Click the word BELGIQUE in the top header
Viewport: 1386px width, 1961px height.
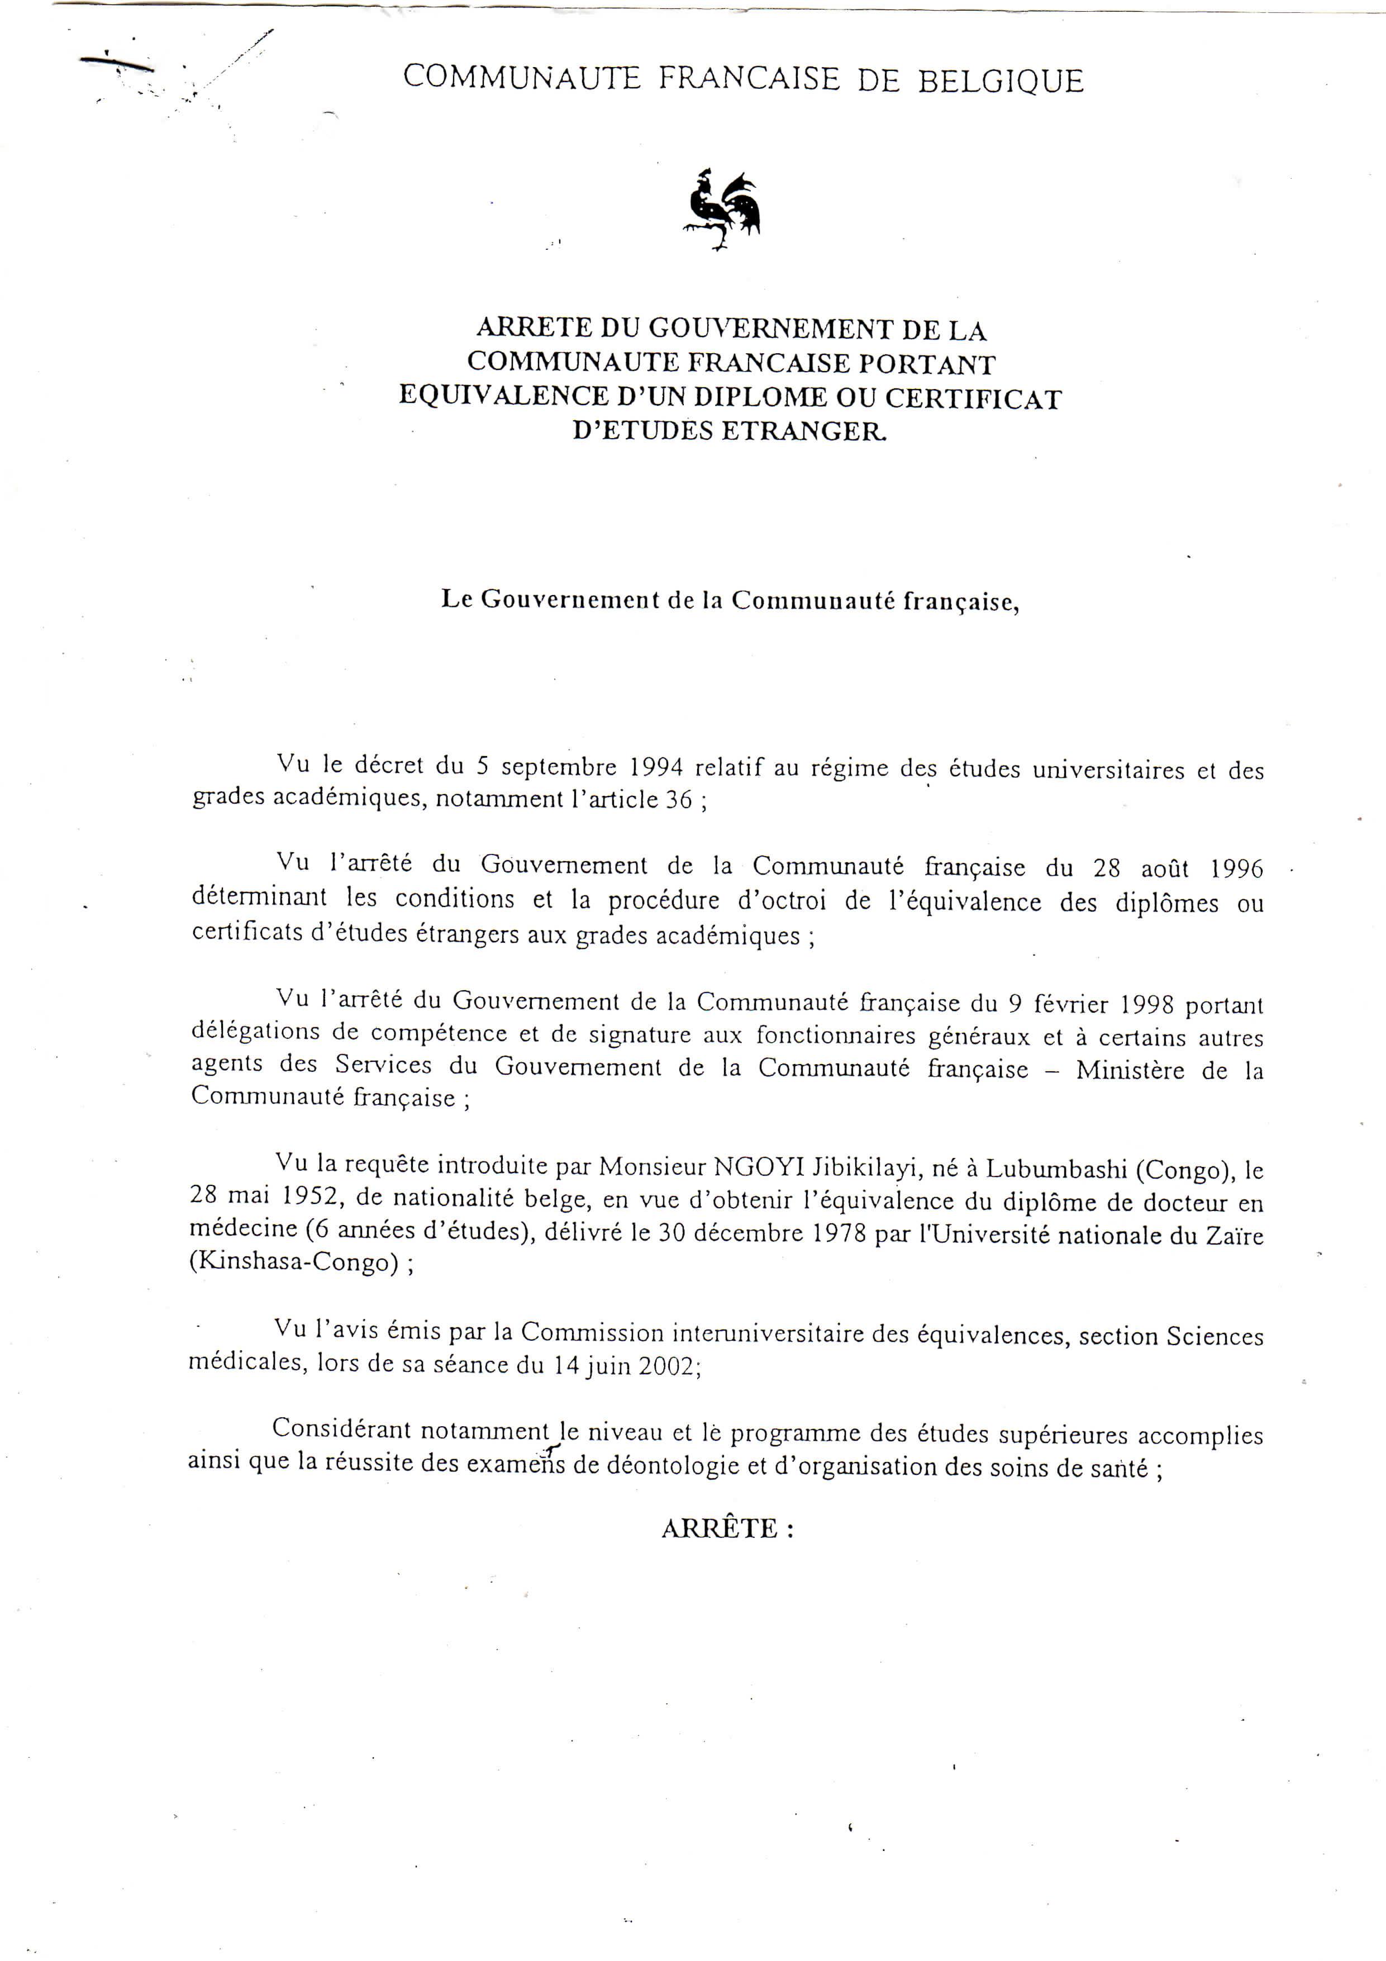[x=1001, y=81]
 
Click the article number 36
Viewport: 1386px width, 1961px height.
[x=678, y=800]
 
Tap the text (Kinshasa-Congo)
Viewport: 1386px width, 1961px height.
[x=294, y=1262]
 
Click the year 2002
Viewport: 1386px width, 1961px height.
[x=666, y=1366]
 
